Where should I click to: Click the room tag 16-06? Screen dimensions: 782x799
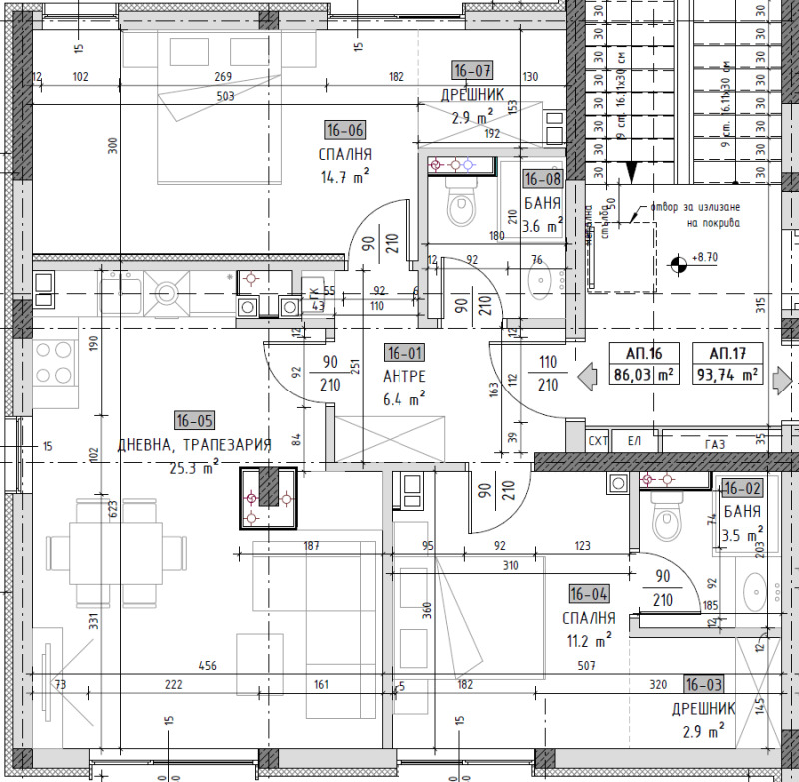tap(345, 129)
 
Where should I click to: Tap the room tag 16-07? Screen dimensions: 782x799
tap(472, 70)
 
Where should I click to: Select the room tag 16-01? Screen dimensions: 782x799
tap(404, 353)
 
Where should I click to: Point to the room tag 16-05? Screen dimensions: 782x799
tap(193, 420)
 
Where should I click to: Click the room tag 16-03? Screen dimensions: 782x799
tap(704, 684)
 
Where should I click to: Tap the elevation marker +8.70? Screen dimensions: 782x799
tap(679, 263)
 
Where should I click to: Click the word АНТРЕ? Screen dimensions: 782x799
tap(404, 376)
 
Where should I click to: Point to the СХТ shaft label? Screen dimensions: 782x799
tap(598, 440)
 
